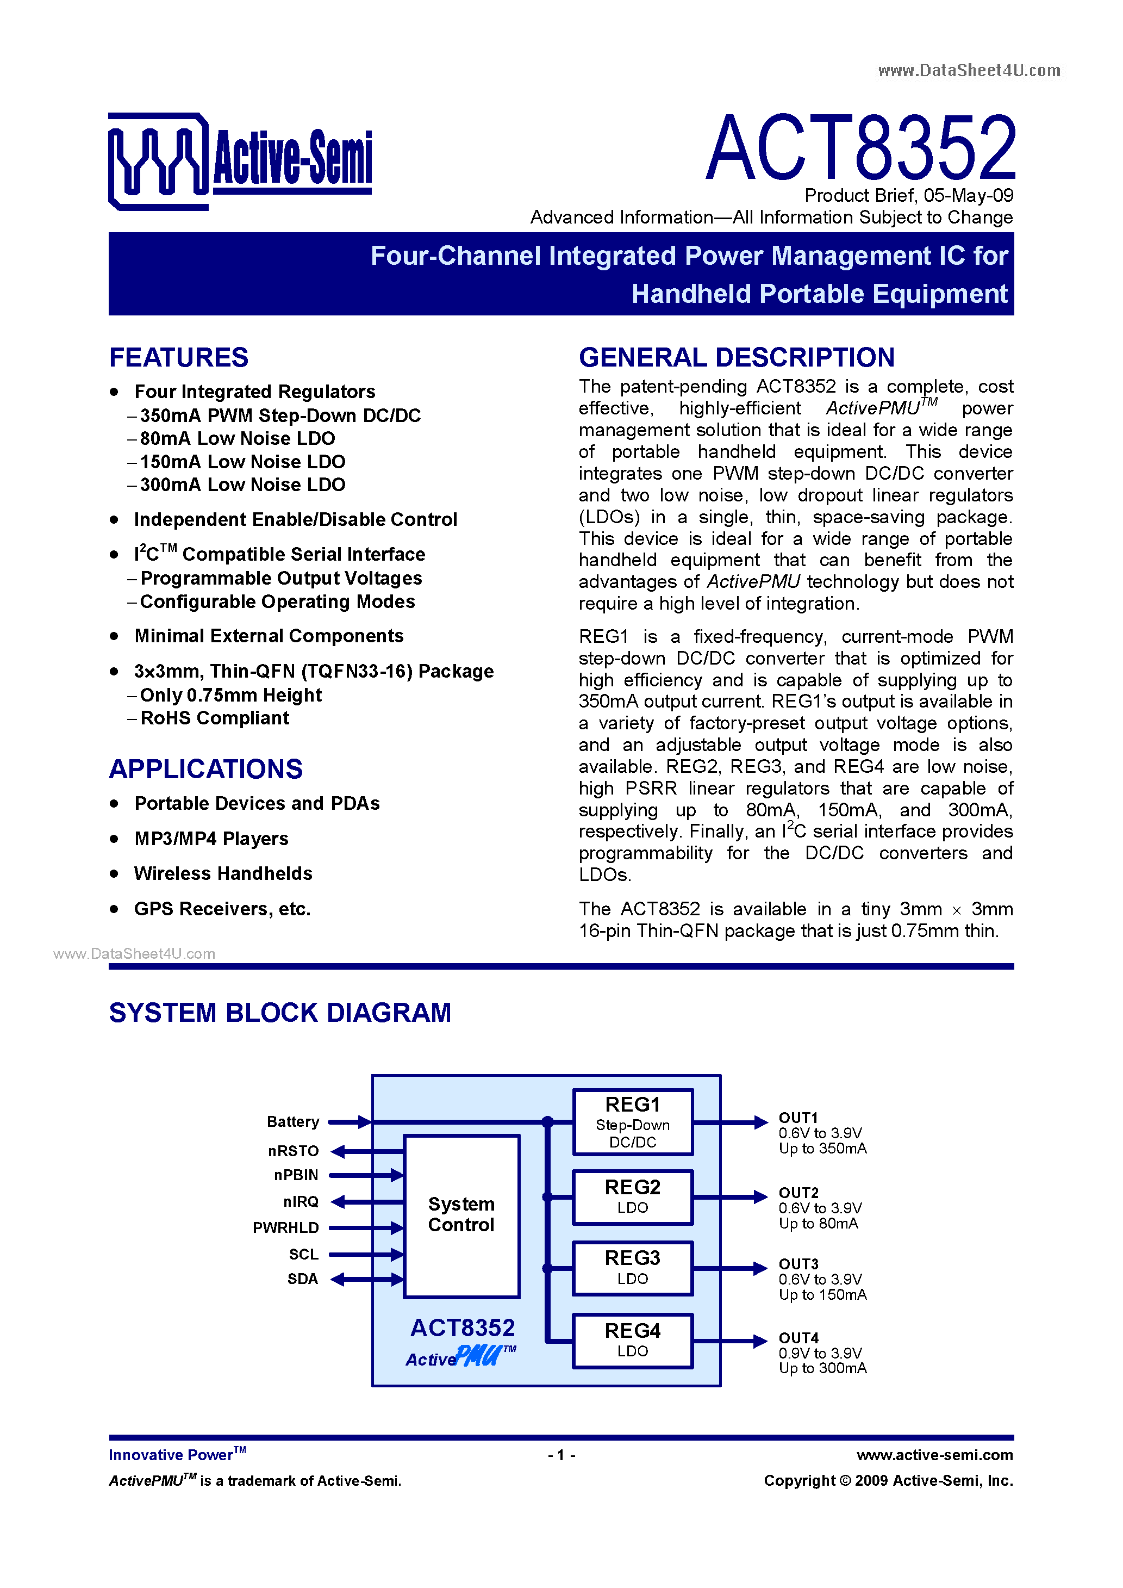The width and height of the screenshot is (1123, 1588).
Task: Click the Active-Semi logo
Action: point(239,160)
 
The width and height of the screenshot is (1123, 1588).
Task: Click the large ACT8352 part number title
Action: point(860,148)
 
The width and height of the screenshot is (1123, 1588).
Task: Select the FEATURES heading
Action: point(178,358)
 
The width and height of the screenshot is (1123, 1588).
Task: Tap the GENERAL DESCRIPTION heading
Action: point(737,358)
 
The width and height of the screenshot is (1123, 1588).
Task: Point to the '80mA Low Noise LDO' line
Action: point(237,438)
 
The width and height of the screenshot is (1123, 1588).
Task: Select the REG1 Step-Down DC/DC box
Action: point(632,1122)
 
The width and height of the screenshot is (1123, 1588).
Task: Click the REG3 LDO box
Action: point(632,1268)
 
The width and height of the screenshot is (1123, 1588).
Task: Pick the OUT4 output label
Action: point(798,1338)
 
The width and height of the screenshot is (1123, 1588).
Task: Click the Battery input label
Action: point(292,1122)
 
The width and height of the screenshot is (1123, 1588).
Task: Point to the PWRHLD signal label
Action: point(285,1227)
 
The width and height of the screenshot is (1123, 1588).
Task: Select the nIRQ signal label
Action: point(301,1201)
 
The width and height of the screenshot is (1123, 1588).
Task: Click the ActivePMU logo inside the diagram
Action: point(460,1357)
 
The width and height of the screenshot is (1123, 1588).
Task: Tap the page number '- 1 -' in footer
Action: point(561,1455)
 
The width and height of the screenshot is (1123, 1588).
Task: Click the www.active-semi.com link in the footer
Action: point(934,1455)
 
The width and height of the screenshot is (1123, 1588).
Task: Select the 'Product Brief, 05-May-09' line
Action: point(909,196)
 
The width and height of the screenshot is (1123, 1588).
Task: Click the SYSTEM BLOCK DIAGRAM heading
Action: point(280,1013)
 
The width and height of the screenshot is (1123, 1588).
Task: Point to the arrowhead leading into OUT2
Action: point(760,1196)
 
